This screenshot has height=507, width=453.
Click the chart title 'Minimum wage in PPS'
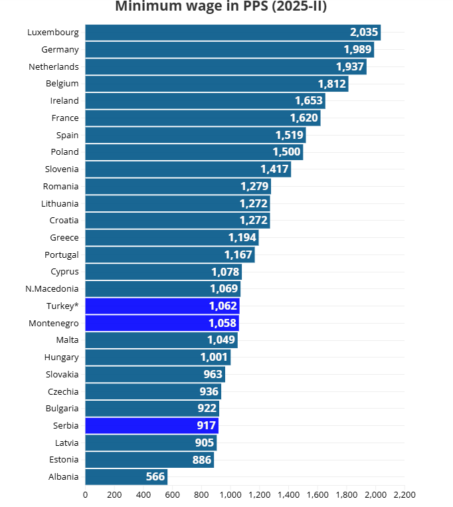click(x=221, y=7)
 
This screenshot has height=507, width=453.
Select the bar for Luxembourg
click(x=232, y=32)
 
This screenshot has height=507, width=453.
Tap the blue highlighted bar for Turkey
click(x=162, y=306)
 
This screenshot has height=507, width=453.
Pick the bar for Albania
click(x=126, y=476)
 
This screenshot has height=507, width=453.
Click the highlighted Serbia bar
click(x=151, y=425)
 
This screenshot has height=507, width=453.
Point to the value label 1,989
click(x=357, y=50)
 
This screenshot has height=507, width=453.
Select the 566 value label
click(x=155, y=476)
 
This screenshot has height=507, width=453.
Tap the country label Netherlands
click(x=54, y=66)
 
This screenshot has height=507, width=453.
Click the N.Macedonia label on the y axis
click(x=52, y=288)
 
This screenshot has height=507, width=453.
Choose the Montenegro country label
click(x=54, y=323)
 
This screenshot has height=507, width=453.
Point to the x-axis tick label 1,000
click(x=230, y=494)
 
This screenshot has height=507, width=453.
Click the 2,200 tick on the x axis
click(x=405, y=494)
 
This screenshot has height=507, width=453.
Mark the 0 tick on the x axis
click(x=85, y=494)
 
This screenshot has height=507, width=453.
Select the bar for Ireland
click(x=205, y=101)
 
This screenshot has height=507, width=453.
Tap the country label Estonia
click(x=64, y=459)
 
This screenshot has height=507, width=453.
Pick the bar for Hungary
click(x=157, y=357)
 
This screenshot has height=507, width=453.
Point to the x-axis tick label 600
click(x=172, y=494)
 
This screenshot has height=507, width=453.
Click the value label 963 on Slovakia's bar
click(x=213, y=374)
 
